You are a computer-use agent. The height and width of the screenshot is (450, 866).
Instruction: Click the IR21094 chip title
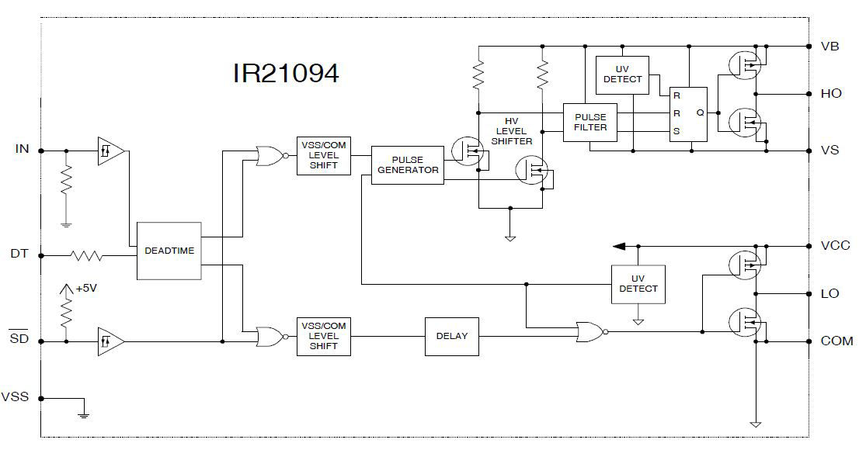[286, 74]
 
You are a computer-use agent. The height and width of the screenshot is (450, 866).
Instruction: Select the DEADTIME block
[169, 251]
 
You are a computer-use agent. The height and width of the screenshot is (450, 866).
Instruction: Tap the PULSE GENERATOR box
[408, 164]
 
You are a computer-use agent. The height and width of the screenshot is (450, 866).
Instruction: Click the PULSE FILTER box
[590, 122]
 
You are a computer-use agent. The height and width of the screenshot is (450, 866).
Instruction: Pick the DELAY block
[452, 336]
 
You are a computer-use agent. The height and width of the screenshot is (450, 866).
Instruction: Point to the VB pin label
[829, 46]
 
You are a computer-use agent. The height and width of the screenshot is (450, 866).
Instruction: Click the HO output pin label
[830, 93]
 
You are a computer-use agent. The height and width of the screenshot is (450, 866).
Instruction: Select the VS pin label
[829, 150]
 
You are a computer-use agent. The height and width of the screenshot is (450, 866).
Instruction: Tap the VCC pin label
[835, 245]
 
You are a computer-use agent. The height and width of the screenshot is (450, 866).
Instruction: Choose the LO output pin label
[829, 294]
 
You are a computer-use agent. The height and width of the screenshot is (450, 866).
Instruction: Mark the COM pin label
[836, 341]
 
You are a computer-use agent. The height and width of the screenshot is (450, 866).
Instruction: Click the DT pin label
[19, 254]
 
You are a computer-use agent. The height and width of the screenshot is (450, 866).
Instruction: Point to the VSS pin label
[15, 396]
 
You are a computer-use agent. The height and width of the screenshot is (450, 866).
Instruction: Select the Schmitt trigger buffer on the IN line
[110, 150]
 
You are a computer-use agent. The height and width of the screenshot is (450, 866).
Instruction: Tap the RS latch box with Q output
[688, 113]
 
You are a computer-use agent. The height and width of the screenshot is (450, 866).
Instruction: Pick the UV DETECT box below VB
[622, 74]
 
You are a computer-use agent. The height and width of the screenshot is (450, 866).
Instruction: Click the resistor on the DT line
[86, 254]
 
